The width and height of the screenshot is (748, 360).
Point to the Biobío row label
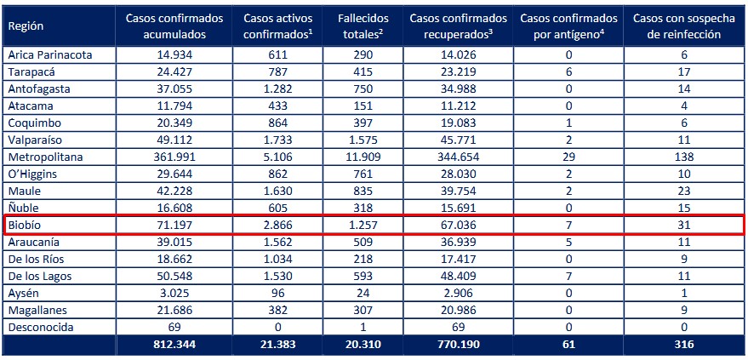coord(26,226)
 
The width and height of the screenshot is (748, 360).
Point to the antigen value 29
coord(568,157)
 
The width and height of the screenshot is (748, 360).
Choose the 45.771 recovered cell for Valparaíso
coord(459,140)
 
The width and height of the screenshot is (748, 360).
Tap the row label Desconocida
coord(40,329)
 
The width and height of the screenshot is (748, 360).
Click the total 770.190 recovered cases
coord(459,346)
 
